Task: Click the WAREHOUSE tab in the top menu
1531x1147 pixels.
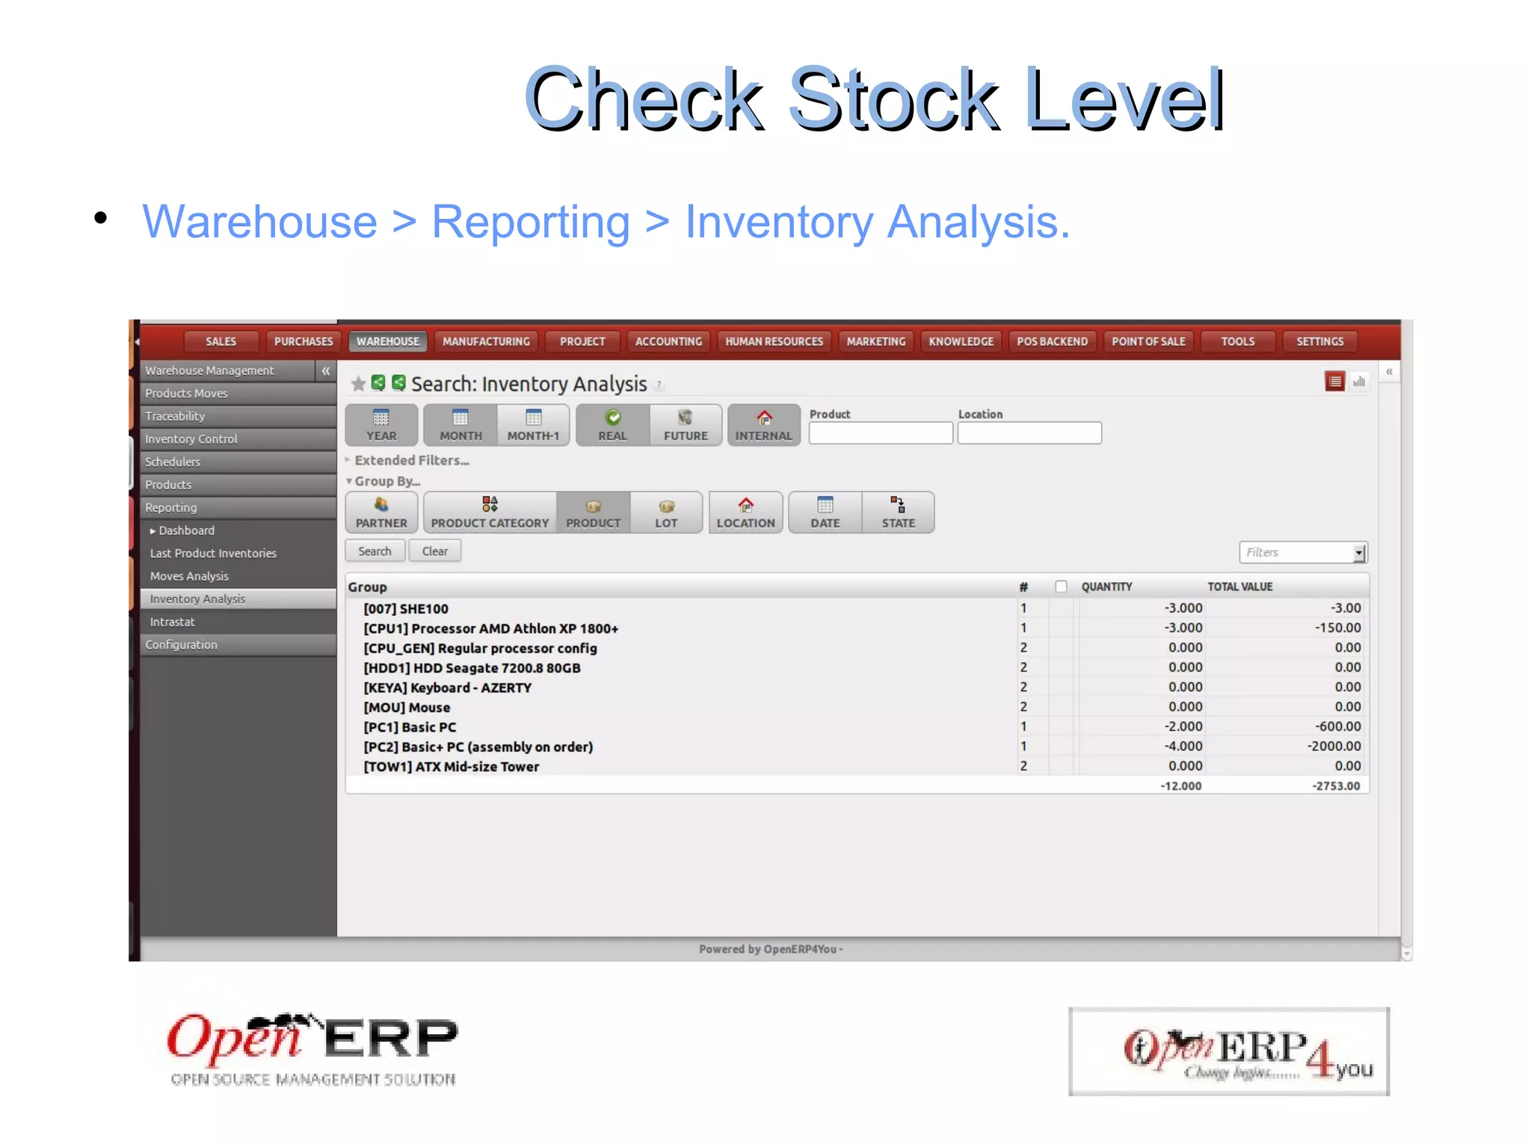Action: pyautogui.click(x=387, y=341)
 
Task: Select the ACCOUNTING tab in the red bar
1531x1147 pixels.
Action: pyautogui.click(x=668, y=341)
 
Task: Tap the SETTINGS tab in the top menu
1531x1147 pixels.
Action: pyautogui.click(x=1319, y=341)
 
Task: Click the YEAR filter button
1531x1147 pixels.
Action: pyautogui.click(x=381, y=425)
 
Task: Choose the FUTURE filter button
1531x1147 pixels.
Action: pyautogui.click(x=686, y=425)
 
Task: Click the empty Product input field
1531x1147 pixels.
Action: pyautogui.click(x=880, y=433)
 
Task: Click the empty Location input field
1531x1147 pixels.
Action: pyautogui.click(x=1029, y=433)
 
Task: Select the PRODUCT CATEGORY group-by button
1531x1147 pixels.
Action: pyautogui.click(x=490, y=513)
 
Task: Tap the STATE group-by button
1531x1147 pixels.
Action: pyautogui.click(x=898, y=513)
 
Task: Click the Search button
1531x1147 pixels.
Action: pyautogui.click(x=375, y=551)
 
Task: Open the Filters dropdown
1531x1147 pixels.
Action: pyautogui.click(x=1358, y=553)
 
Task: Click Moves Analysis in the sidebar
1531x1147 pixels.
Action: pyautogui.click(x=189, y=576)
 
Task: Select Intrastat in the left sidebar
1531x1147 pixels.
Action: pyautogui.click(x=172, y=622)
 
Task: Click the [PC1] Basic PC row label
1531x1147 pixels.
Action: pyautogui.click(x=410, y=727)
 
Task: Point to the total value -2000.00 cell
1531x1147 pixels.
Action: pyautogui.click(x=1334, y=746)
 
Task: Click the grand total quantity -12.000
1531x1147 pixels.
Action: pyautogui.click(x=1180, y=786)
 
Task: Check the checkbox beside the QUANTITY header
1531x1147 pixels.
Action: pyautogui.click(x=1061, y=587)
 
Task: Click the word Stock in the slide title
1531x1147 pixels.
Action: pyautogui.click(x=893, y=99)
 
